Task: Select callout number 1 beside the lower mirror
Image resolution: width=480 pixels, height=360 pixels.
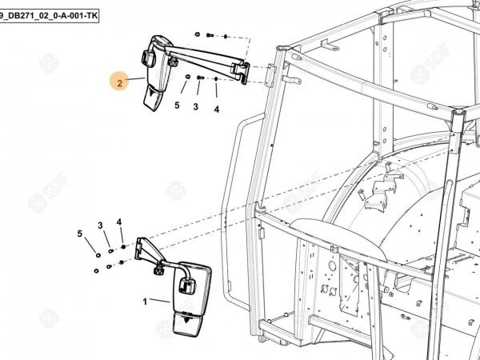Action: [x=145, y=302]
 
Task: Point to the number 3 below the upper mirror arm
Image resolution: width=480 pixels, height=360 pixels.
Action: [x=195, y=106]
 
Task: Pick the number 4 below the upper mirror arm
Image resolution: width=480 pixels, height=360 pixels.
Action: [x=216, y=109]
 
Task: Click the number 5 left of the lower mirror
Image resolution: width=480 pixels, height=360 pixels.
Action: [x=80, y=234]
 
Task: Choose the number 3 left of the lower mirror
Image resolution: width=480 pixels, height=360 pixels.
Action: [x=101, y=226]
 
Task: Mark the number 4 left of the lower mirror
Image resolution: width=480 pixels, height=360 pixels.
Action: [x=119, y=222]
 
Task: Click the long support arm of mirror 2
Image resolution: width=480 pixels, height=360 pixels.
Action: [x=204, y=56]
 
